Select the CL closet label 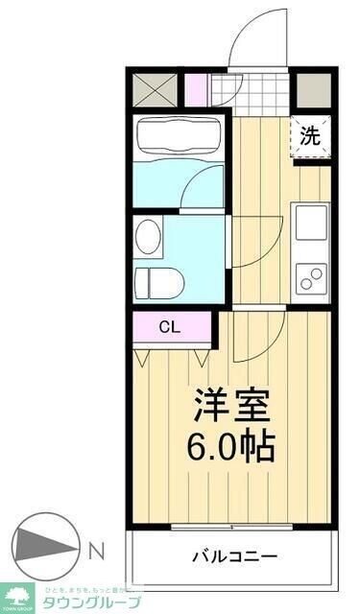click(x=169, y=327)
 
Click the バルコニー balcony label click(x=234, y=556)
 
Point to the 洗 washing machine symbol click(x=309, y=135)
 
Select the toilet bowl click(x=158, y=282)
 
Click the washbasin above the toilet click(x=148, y=236)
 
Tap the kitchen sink click(x=310, y=222)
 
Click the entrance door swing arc click(x=257, y=38)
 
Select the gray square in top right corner click(x=311, y=89)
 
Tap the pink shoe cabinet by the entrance click(x=196, y=89)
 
